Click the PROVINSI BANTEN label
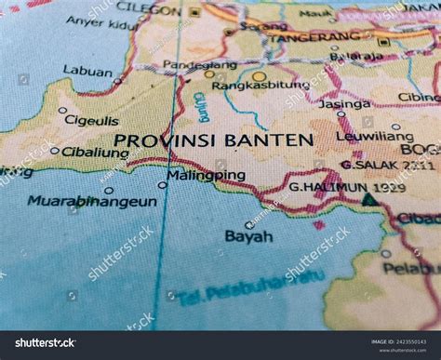[x=213, y=140]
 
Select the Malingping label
[x=206, y=175]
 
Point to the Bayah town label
[x=249, y=236]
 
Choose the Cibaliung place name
[x=95, y=152]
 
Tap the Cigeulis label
[x=91, y=120]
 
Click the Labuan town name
[x=87, y=70]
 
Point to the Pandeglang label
[x=194, y=65]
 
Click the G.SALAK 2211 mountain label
[x=387, y=165]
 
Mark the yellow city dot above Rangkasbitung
[x=259, y=76]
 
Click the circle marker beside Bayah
[x=248, y=224]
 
